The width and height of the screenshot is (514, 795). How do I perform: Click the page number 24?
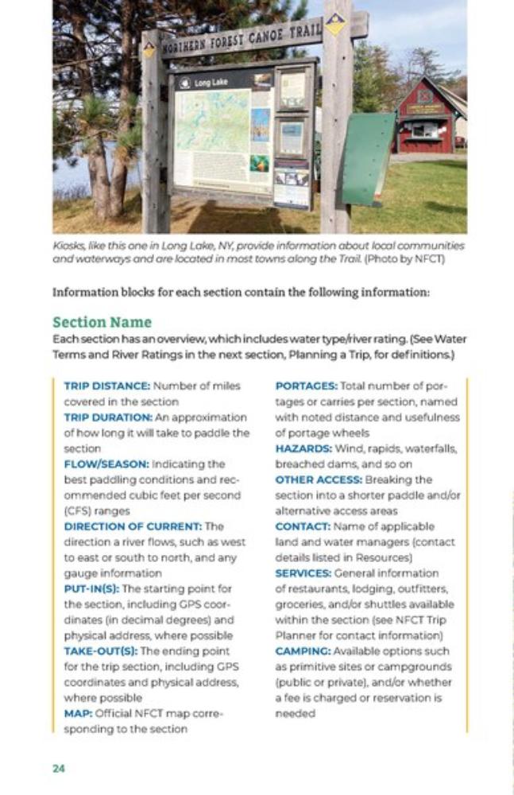point(58,768)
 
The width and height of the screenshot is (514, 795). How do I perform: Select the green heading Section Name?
point(102,322)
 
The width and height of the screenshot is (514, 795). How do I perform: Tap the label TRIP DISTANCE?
point(106,386)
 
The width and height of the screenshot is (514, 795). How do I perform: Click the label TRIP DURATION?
point(108,417)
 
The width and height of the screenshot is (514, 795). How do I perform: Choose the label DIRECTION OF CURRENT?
point(133,526)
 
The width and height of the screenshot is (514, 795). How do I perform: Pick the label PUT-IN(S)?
point(91,588)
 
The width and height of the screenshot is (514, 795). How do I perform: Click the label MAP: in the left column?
point(77,713)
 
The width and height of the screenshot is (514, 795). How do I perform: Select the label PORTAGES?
point(306,386)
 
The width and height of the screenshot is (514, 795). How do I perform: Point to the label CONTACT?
point(300,526)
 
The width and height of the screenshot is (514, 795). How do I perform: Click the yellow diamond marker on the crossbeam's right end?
point(335,24)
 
